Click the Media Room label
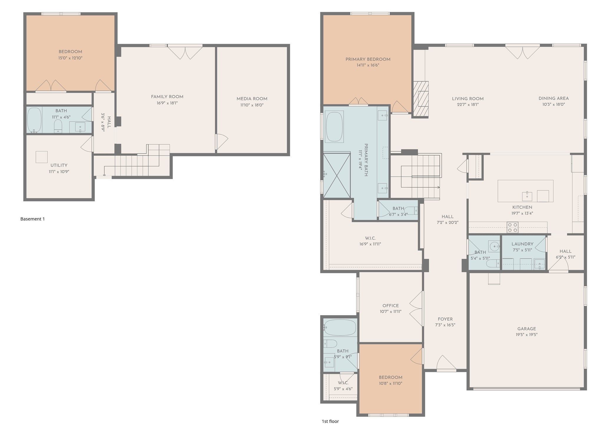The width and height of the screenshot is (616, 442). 252,99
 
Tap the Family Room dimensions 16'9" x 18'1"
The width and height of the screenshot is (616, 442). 167,103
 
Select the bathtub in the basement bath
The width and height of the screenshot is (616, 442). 34,120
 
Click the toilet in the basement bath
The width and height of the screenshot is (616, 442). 58,126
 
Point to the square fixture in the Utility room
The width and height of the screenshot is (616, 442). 42,157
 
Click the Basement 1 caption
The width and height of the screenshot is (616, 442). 32,219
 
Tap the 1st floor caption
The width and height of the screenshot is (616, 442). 330,421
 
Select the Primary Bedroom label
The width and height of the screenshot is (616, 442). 368,59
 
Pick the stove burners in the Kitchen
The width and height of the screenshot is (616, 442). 512,227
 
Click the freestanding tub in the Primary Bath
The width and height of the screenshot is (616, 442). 335,127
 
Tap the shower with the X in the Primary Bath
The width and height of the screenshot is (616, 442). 337,175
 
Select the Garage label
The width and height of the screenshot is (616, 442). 526,329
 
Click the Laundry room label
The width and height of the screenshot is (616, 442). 522,244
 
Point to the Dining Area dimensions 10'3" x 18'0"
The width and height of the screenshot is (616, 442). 554,104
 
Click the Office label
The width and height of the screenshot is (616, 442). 390,306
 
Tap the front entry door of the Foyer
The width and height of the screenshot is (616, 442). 446,363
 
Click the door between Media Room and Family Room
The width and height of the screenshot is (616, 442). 222,142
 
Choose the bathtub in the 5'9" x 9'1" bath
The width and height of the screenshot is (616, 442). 340,328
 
